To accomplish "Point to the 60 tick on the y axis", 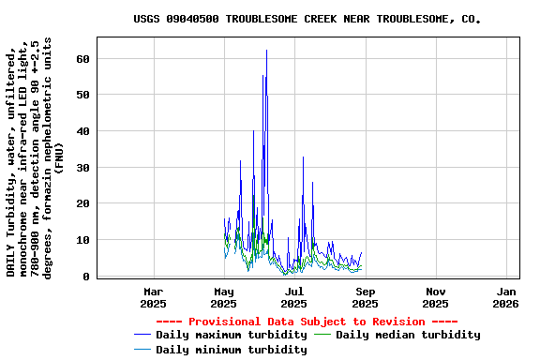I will click(x=83, y=58).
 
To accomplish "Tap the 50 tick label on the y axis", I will click(x=83, y=95).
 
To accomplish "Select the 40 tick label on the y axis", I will click(x=83, y=131).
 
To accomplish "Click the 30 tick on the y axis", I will click(x=83, y=168).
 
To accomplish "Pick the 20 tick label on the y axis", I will click(x=83, y=203).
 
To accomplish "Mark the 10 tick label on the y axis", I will click(x=83, y=240).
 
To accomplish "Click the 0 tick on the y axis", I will click(x=86, y=277).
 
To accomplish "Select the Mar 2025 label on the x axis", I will click(x=153, y=297).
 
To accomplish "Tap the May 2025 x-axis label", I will click(x=223, y=297).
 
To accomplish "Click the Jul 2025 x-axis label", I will click(x=293, y=297).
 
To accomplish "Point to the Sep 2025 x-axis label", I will click(x=365, y=297).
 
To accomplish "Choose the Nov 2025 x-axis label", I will click(x=435, y=297).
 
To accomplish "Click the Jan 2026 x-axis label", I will click(x=506, y=297).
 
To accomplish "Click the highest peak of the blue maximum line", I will click(x=266, y=51).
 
